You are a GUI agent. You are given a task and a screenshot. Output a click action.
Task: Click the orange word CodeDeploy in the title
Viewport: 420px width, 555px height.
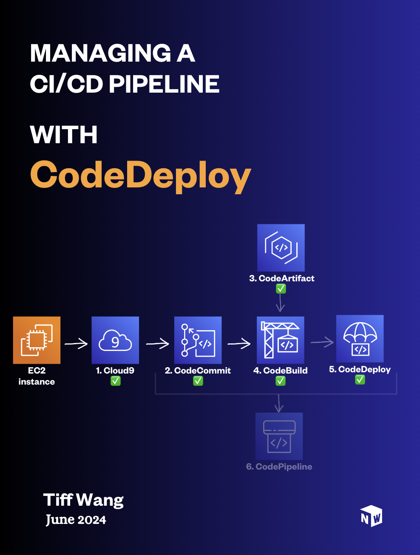tap(140, 175)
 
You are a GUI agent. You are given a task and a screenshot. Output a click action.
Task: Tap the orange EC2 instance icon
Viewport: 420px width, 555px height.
tap(37, 340)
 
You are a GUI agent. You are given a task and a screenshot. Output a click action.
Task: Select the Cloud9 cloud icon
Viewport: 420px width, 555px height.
tap(115, 340)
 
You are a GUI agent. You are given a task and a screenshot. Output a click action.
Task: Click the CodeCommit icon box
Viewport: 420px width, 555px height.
tap(198, 340)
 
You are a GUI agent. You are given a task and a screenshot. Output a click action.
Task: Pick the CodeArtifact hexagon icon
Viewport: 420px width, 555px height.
tap(281, 248)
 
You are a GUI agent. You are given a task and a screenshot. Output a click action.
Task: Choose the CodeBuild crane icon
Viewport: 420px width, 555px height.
tap(281, 340)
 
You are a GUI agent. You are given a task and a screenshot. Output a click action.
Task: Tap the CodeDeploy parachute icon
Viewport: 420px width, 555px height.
tap(360, 339)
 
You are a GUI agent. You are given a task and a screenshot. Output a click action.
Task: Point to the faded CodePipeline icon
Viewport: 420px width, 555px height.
tap(279, 436)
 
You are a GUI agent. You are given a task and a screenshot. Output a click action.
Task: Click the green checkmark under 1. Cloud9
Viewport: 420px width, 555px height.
tap(116, 381)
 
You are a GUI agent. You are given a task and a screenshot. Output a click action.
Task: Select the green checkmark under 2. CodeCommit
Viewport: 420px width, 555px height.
tap(198, 381)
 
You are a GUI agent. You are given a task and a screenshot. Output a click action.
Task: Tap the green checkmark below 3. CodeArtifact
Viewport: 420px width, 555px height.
tap(281, 289)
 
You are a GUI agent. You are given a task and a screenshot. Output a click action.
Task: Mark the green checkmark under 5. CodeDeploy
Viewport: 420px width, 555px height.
tap(360, 380)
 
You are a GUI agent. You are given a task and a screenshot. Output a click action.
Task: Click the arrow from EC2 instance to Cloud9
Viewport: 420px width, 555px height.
tap(76, 343)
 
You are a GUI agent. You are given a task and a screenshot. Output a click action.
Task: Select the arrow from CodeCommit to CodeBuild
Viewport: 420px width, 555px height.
tap(239, 343)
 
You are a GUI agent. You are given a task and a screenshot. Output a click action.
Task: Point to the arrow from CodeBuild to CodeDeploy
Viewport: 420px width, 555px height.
tap(322, 342)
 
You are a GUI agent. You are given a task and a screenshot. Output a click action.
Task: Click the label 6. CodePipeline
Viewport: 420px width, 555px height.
tap(279, 467)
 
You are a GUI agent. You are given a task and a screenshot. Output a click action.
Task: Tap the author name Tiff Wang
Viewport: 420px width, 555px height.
tap(83, 500)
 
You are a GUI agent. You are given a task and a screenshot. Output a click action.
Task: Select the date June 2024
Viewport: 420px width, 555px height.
tap(76, 520)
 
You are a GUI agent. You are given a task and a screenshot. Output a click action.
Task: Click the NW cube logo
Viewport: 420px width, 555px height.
tap(371, 516)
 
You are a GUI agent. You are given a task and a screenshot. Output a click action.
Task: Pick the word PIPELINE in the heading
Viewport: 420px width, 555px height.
tap(164, 84)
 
